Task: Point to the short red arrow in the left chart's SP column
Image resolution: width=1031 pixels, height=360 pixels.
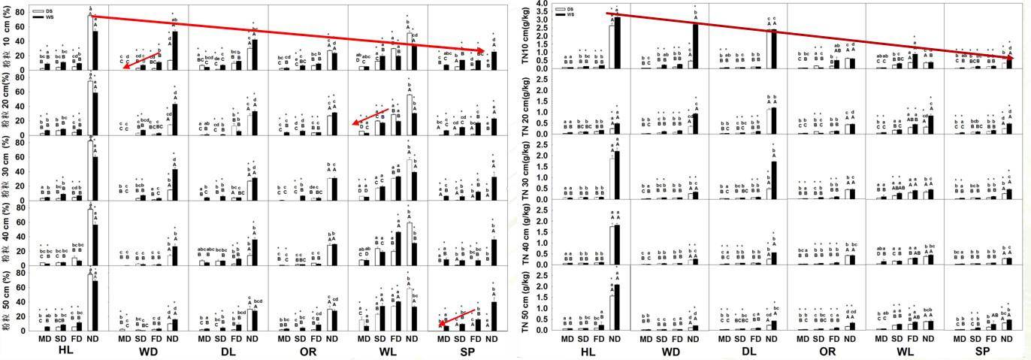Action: click(x=457, y=319)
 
